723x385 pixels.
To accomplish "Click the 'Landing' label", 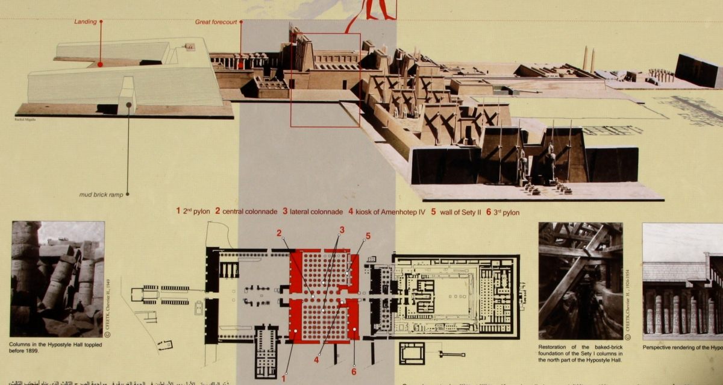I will tap(86, 22).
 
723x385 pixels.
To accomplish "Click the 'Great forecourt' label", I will tap(215, 22).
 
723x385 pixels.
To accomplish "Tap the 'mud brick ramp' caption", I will tap(101, 195).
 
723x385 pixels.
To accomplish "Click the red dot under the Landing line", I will tap(100, 64).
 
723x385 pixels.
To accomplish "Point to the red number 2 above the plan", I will tap(279, 233).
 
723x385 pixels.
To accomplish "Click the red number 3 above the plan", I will tap(342, 230).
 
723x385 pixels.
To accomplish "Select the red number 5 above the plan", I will tap(368, 236).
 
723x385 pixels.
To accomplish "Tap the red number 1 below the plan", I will tap(284, 377).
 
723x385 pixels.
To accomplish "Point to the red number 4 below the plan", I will tap(316, 360).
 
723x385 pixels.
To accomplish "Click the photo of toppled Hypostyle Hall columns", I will tap(57, 278).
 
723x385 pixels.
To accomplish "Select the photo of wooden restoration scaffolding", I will tap(580, 281).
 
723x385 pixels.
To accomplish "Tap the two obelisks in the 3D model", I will tap(588, 60).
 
